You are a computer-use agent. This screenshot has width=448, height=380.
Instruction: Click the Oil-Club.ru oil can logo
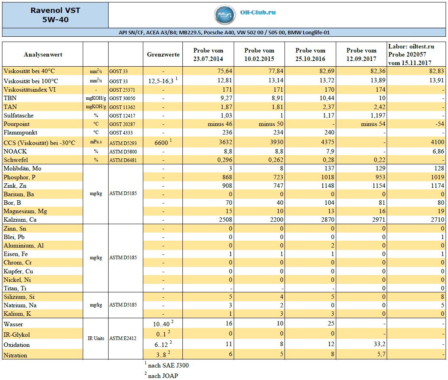(225, 15)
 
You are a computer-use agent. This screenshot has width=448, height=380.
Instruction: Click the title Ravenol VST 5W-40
(55, 15)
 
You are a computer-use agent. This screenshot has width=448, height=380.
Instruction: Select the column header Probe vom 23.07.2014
(208, 55)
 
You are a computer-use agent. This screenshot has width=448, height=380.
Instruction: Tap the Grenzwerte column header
(163, 55)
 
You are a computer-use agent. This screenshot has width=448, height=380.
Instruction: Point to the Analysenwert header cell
(43, 55)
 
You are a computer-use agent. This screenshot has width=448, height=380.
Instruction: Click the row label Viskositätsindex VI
(29, 90)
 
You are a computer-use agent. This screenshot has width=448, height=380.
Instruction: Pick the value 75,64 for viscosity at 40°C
(224, 71)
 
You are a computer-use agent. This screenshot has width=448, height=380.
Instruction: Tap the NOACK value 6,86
(438, 151)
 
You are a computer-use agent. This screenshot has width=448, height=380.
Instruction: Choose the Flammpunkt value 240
(329, 132)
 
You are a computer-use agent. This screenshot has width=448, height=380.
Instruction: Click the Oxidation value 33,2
(379, 344)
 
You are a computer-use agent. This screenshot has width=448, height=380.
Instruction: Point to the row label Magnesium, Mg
(25, 211)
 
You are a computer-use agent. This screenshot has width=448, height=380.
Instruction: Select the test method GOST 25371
(122, 90)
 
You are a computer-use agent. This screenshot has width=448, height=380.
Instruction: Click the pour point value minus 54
(373, 124)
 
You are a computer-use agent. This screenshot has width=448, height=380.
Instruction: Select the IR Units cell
(96, 338)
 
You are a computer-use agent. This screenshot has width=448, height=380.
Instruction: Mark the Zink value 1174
(438, 186)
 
